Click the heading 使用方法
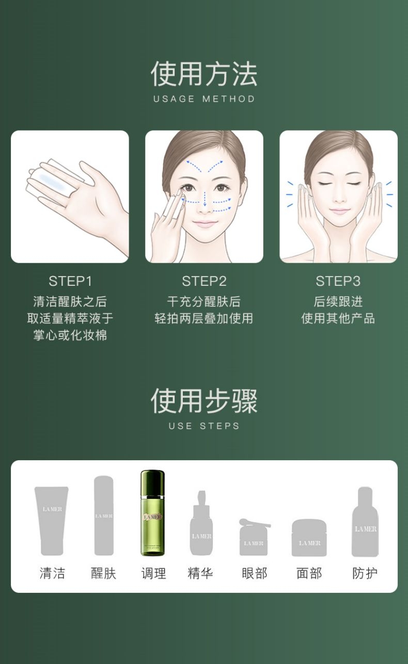pos(204,74)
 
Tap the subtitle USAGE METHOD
pos(204,99)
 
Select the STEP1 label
pos(70,281)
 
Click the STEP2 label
pos(204,281)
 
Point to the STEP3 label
pos(338,281)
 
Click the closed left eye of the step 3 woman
pos(325,184)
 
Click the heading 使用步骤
pos(204,401)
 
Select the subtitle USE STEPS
pos(204,426)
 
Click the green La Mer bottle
pos(152,512)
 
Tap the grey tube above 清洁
pos(52,521)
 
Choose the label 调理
pos(153,573)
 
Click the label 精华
pos(200,573)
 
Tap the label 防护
pos(365,573)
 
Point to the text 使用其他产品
pos(338,319)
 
